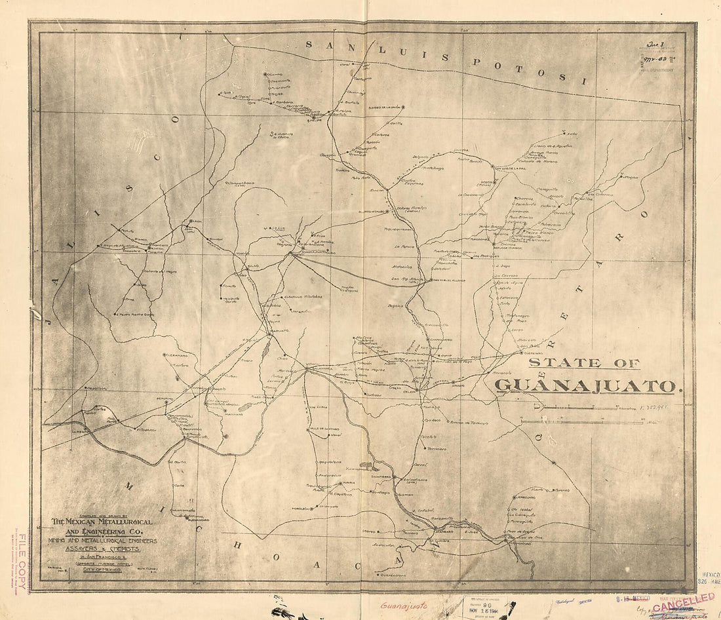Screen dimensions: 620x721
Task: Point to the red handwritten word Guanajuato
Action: click(406, 607)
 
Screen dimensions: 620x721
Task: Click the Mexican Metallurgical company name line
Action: click(102, 522)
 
